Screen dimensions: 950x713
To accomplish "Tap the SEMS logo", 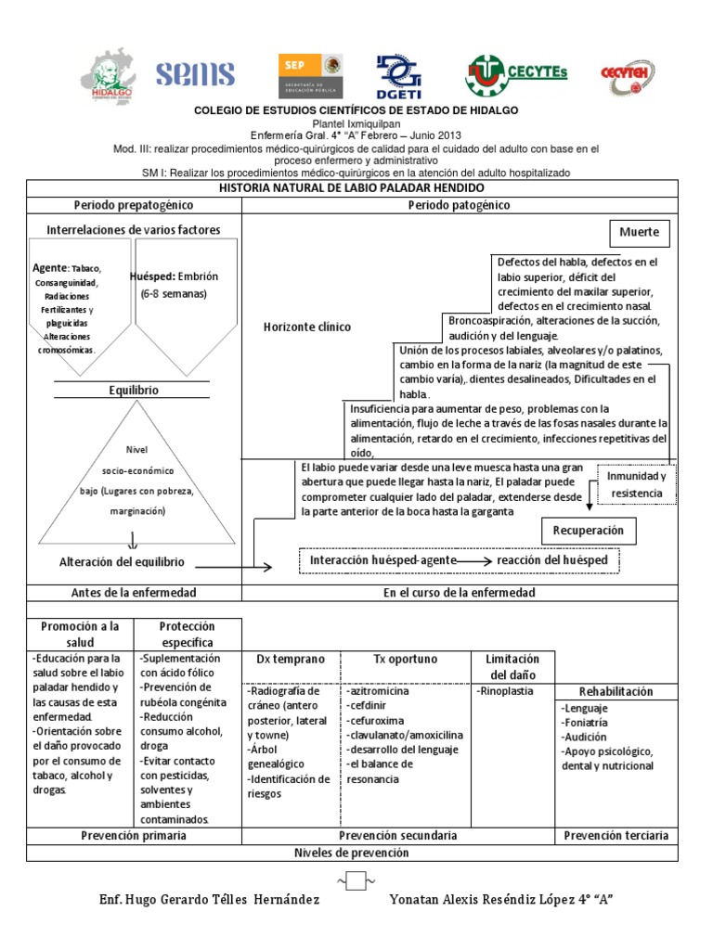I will click(x=195, y=75).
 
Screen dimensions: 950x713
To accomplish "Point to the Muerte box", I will click(x=640, y=231).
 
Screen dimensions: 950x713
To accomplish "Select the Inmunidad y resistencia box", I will click(x=635, y=484).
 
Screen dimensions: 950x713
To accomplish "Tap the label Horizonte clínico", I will click(x=307, y=327).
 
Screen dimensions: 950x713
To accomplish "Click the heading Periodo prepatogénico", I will click(x=134, y=205).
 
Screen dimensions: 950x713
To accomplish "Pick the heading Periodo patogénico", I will click(x=459, y=205).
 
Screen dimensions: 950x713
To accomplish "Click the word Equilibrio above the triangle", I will click(x=134, y=391).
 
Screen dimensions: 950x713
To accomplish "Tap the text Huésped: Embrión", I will click(x=180, y=276).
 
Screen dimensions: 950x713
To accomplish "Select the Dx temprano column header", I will click(x=291, y=659).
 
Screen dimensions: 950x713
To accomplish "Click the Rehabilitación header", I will click(x=616, y=692).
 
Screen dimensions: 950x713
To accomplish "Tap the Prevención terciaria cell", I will click(x=616, y=836).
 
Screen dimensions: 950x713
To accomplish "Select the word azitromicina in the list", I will click(x=379, y=692).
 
